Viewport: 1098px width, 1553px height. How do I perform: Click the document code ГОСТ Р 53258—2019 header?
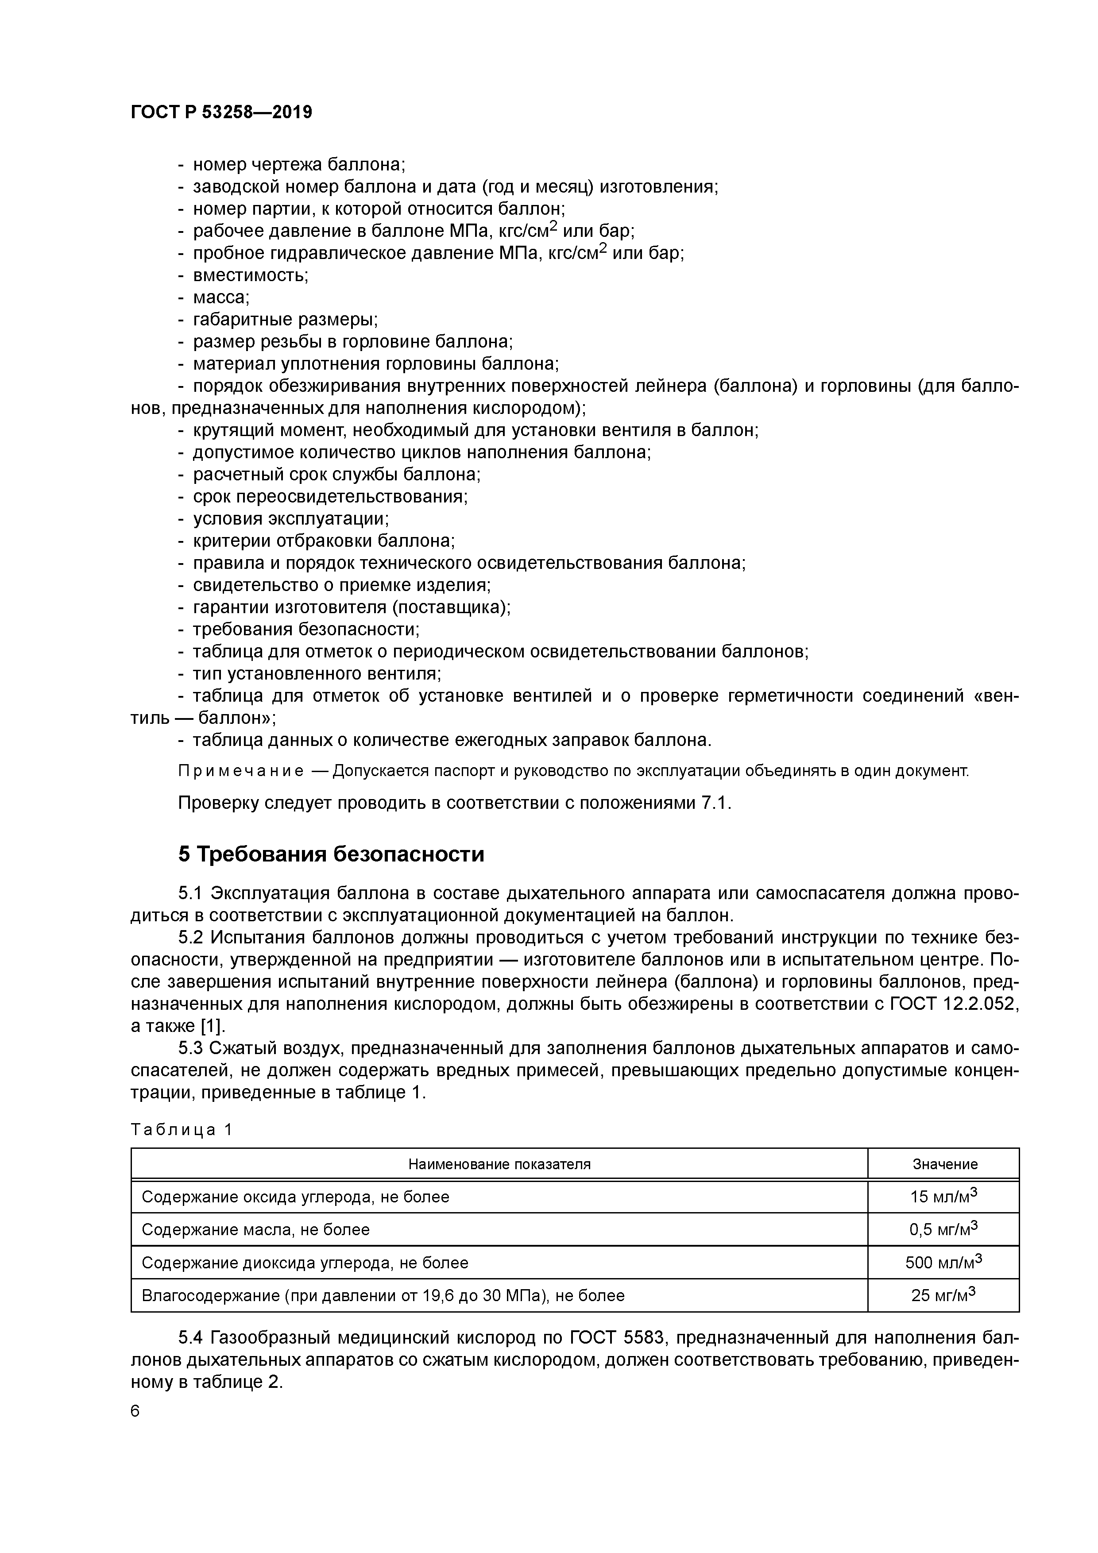tap(221, 112)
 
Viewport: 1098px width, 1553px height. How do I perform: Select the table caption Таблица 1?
tap(182, 1130)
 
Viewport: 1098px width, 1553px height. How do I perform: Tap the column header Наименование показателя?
tap(499, 1164)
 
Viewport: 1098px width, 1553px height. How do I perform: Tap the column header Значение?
tap(944, 1164)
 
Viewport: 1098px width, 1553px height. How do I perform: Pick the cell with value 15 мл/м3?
tap(944, 1197)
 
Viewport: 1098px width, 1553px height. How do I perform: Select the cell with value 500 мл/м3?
tap(944, 1262)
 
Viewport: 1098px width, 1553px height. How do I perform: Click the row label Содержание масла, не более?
tap(256, 1230)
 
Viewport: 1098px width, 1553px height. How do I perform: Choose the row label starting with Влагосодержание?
tap(383, 1296)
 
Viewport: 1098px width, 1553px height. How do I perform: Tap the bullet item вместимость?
tap(250, 275)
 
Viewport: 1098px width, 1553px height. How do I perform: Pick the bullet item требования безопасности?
tap(306, 630)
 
